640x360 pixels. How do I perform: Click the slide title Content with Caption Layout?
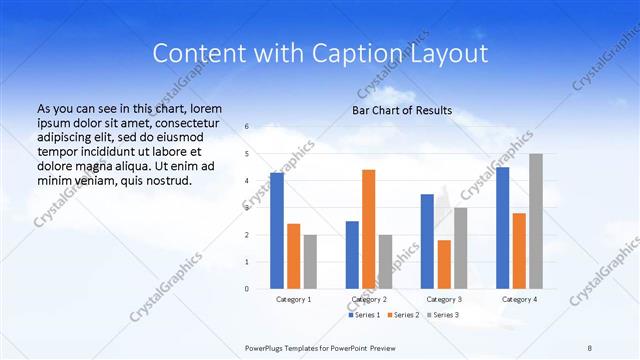tap(320, 53)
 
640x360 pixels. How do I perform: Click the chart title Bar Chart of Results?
tap(401, 110)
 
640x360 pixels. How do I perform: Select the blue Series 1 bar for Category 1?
tap(277, 231)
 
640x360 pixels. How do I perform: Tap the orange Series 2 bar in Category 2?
tap(368, 229)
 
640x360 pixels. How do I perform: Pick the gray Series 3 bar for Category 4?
tap(536, 221)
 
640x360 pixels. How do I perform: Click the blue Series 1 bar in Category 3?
tap(427, 241)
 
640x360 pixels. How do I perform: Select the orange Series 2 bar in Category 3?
tap(444, 264)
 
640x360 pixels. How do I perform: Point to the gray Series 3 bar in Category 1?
tap(310, 261)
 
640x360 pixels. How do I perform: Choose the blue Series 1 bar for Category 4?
tap(502, 228)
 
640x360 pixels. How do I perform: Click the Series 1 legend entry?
tap(365, 315)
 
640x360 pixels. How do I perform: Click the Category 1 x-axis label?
tap(293, 299)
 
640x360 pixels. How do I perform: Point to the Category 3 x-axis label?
tap(444, 299)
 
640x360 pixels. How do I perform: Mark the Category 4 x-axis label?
tap(519, 299)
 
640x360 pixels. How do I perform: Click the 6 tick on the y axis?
tap(247, 127)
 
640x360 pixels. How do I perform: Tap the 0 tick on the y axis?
tap(247, 289)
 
